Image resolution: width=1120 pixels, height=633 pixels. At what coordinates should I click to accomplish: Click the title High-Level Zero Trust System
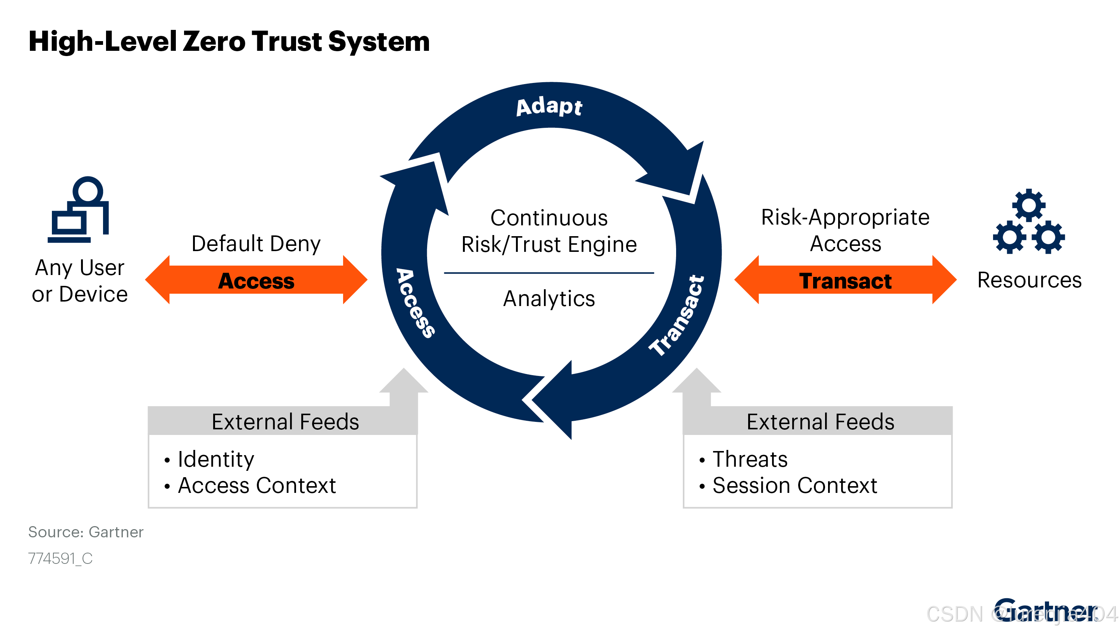click(229, 42)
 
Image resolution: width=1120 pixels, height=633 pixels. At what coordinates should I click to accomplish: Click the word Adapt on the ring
click(549, 106)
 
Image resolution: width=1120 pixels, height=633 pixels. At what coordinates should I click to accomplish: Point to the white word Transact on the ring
click(676, 316)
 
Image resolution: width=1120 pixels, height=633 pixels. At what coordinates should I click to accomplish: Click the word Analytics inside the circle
click(549, 299)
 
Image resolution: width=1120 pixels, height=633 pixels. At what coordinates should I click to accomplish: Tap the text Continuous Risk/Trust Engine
click(549, 231)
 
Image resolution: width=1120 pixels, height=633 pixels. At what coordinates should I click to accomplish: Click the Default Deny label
click(256, 244)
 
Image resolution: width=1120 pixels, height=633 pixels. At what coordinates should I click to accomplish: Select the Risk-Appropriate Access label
click(845, 230)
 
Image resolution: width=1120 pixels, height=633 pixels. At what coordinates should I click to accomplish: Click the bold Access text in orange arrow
click(256, 281)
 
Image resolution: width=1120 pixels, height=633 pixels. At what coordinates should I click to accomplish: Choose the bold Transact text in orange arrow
click(845, 281)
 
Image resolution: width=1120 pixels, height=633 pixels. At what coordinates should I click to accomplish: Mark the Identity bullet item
click(216, 459)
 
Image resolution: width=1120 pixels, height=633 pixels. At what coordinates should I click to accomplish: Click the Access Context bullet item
click(256, 485)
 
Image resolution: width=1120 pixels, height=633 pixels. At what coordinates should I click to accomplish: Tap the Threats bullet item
click(750, 459)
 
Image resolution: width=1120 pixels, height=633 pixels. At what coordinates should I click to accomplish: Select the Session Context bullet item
click(794, 485)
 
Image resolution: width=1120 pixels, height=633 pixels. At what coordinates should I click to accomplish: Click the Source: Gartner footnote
click(85, 532)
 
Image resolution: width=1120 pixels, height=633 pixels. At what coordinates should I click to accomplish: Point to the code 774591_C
click(60, 558)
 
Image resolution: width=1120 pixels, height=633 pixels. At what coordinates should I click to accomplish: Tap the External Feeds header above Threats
click(820, 422)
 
